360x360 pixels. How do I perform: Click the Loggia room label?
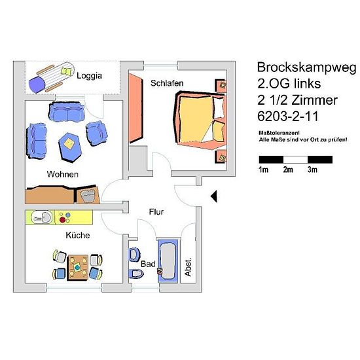pyautogui.click(x=89, y=76)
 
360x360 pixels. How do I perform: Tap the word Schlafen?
pyautogui.click(x=167, y=83)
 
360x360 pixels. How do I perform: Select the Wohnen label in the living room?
pyautogui.click(x=62, y=174)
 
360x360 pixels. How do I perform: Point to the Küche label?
pyautogui.click(x=78, y=235)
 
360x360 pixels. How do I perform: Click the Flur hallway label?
pyautogui.click(x=156, y=211)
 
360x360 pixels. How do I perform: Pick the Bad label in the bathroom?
pyautogui.click(x=148, y=264)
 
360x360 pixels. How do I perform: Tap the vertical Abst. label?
pyautogui.click(x=188, y=267)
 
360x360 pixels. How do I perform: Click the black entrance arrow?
pyautogui.click(x=214, y=196)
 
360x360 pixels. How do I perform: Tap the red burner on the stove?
pyautogui.click(x=62, y=220)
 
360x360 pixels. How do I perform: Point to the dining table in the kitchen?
pyautogui.click(x=78, y=267)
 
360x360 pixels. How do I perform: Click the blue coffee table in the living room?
pyautogui.click(x=70, y=147)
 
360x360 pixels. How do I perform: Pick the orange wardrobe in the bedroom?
pyautogui.click(x=136, y=108)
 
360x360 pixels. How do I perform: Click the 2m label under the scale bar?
pyautogui.click(x=288, y=170)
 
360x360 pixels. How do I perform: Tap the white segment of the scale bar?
pyautogui.click(x=295, y=160)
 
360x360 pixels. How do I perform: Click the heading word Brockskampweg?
pyautogui.click(x=306, y=68)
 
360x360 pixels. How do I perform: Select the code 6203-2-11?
pyautogui.click(x=288, y=117)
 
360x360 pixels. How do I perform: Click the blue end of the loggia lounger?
pyautogui.click(x=36, y=84)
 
